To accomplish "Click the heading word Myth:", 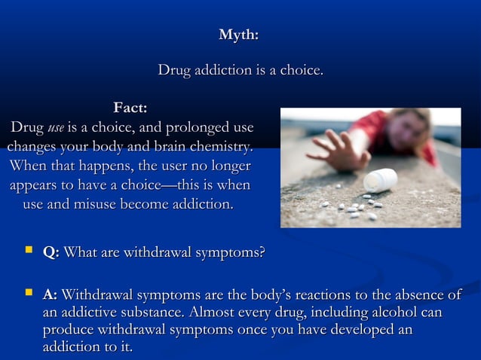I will [x=239, y=35].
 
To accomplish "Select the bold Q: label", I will [x=51, y=253].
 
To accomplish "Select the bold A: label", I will [x=51, y=295].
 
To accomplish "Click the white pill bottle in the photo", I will [x=380, y=180].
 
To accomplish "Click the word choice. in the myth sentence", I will [x=302, y=72].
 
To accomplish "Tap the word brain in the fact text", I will [x=154, y=146].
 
